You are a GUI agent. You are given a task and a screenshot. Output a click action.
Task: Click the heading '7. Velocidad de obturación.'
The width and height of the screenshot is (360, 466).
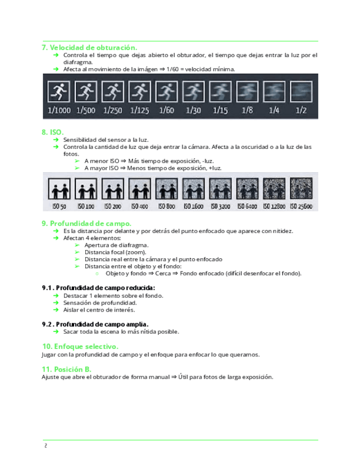[90, 48]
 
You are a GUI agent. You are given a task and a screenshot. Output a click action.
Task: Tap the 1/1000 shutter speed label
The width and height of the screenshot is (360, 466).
[59, 110]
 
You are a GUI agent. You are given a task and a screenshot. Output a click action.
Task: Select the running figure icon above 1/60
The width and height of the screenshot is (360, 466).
[166, 91]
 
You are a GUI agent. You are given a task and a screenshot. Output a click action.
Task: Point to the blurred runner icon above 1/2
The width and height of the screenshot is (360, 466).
[301, 91]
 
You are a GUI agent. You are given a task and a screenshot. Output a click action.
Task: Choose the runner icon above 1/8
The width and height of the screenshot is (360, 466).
[247, 91]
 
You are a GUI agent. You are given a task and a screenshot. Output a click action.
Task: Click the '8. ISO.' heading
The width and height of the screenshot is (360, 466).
[53, 132]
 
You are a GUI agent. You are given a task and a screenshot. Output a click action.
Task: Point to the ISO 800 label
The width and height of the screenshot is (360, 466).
[166, 206]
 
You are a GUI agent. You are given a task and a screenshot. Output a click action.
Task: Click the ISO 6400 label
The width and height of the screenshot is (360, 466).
[247, 206]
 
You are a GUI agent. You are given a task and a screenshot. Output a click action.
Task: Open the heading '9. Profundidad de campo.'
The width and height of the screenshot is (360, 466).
[86, 223]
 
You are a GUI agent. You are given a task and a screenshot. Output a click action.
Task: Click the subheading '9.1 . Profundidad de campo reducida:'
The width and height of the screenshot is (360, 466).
[98, 287]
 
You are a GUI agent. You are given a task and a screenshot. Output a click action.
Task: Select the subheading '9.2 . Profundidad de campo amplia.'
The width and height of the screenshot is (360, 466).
[95, 324]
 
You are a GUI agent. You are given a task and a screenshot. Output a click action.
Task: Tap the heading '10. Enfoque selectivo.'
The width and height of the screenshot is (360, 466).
[80, 347]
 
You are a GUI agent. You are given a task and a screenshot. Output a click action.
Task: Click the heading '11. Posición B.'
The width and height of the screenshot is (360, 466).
[66, 369]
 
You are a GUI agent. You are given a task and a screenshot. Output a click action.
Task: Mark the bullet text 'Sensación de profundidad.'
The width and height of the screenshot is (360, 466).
[99, 303]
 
